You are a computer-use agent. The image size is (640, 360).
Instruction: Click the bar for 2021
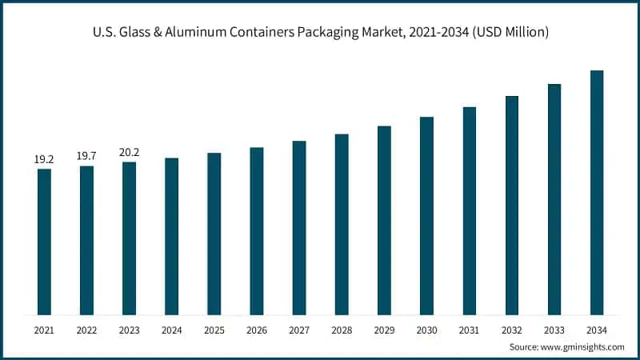[x=44, y=242]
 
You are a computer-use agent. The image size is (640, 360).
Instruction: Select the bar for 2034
[x=596, y=192]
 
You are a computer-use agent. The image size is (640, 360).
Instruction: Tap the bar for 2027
[x=299, y=228]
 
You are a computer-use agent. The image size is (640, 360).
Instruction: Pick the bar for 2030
[x=426, y=216]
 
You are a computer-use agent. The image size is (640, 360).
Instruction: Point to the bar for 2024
[x=171, y=236]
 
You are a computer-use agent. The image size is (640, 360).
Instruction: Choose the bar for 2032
[x=511, y=206]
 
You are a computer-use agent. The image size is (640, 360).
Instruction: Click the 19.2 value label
[x=44, y=160]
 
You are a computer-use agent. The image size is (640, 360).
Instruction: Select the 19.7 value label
[x=86, y=156]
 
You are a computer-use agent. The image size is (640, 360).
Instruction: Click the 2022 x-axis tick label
[x=86, y=329]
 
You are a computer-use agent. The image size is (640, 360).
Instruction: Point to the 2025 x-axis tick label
[x=214, y=329]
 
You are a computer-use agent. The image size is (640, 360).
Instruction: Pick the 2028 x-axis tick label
[x=342, y=329]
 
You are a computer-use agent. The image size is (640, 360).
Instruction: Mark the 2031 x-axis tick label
[x=469, y=329]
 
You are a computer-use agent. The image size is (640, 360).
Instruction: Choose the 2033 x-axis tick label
[x=554, y=329]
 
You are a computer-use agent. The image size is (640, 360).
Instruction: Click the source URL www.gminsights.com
[x=583, y=346]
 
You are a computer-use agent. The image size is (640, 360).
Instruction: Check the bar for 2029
[x=384, y=220]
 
